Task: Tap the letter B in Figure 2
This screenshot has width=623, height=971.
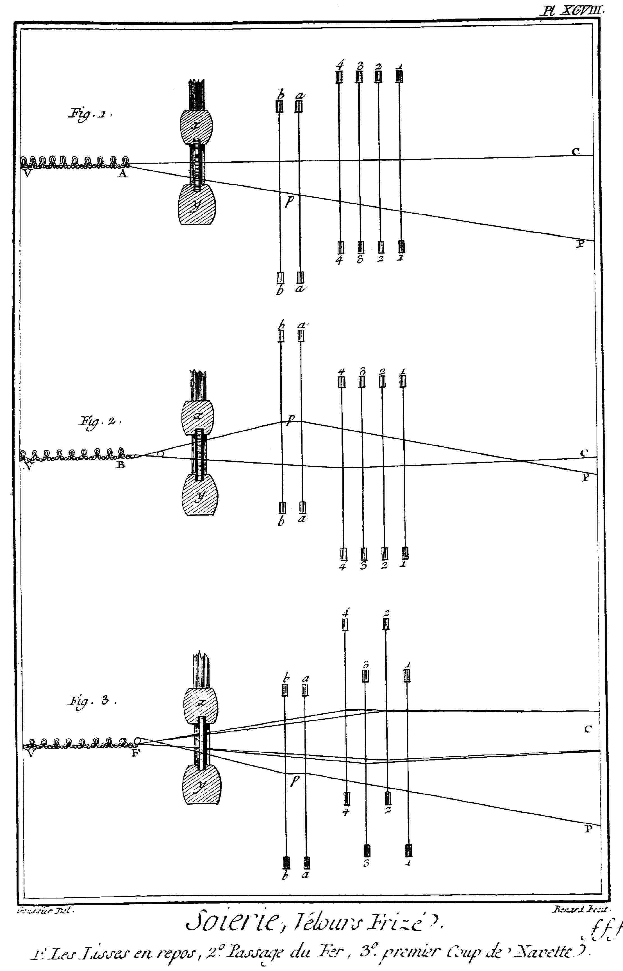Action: (x=120, y=465)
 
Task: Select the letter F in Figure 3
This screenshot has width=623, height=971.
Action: (x=135, y=754)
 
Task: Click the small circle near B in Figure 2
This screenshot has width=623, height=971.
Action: (x=161, y=454)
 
